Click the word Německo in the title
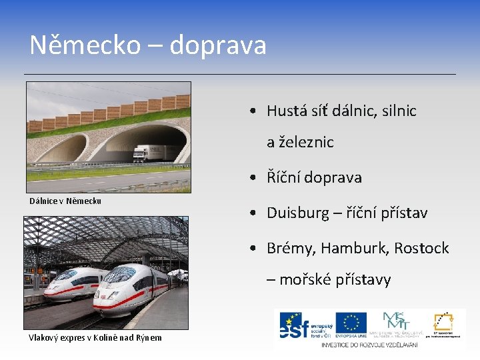[x=85, y=45]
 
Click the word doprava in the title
[x=218, y=45]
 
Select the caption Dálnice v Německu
[x=65, y=201]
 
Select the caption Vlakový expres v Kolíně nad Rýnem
[x=95, y=337]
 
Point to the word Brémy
[x=289, y=249]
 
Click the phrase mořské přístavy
[x=335, y=279]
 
